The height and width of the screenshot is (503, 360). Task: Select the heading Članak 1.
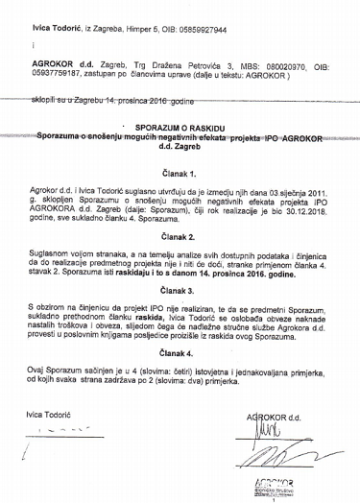point(180,175)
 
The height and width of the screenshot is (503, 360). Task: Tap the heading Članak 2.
point(180,235)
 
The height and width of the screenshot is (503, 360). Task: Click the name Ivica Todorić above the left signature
point(46,388)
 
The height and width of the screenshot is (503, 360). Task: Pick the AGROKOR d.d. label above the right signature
point(276,391)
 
